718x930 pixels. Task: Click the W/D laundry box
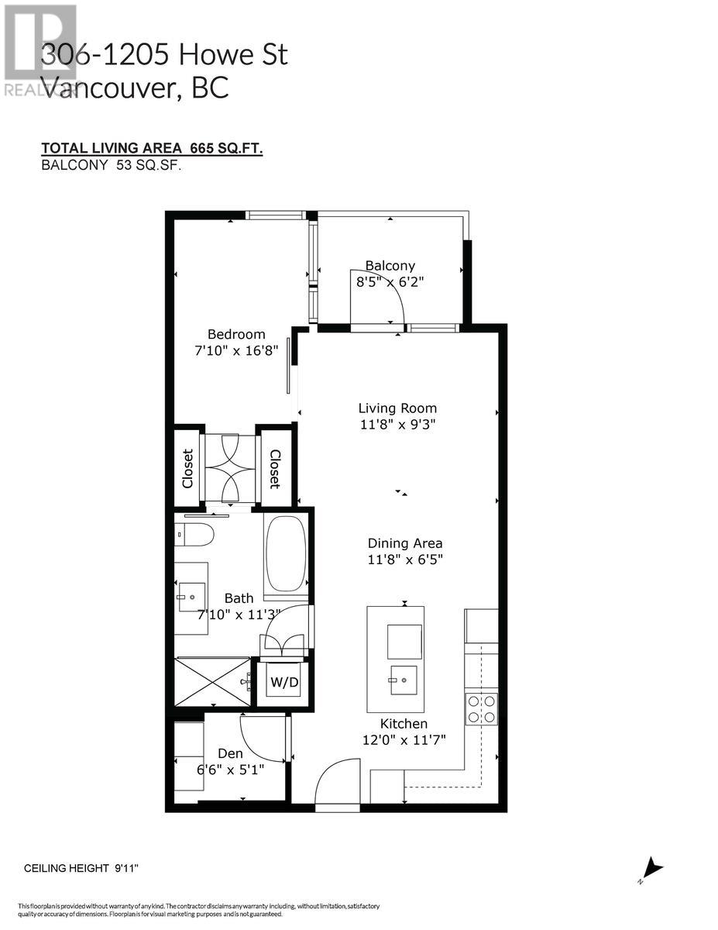pos(278,683)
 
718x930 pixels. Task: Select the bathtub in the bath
pos(287,556)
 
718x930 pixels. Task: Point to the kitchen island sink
pos(404,680)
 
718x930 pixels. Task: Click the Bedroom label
pos(236,334)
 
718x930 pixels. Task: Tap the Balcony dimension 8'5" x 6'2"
pos(391,282)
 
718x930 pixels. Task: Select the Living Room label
pos(397,408)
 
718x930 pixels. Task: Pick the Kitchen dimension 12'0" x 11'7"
pos(404,740)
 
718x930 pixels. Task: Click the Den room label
pos(230,753)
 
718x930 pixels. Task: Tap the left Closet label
pos(187,468)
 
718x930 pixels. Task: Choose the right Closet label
pos(274,468)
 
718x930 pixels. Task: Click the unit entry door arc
pos(336,783)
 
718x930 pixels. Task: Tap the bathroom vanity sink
pos(191,593)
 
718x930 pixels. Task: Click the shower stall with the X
pos(213,682)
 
